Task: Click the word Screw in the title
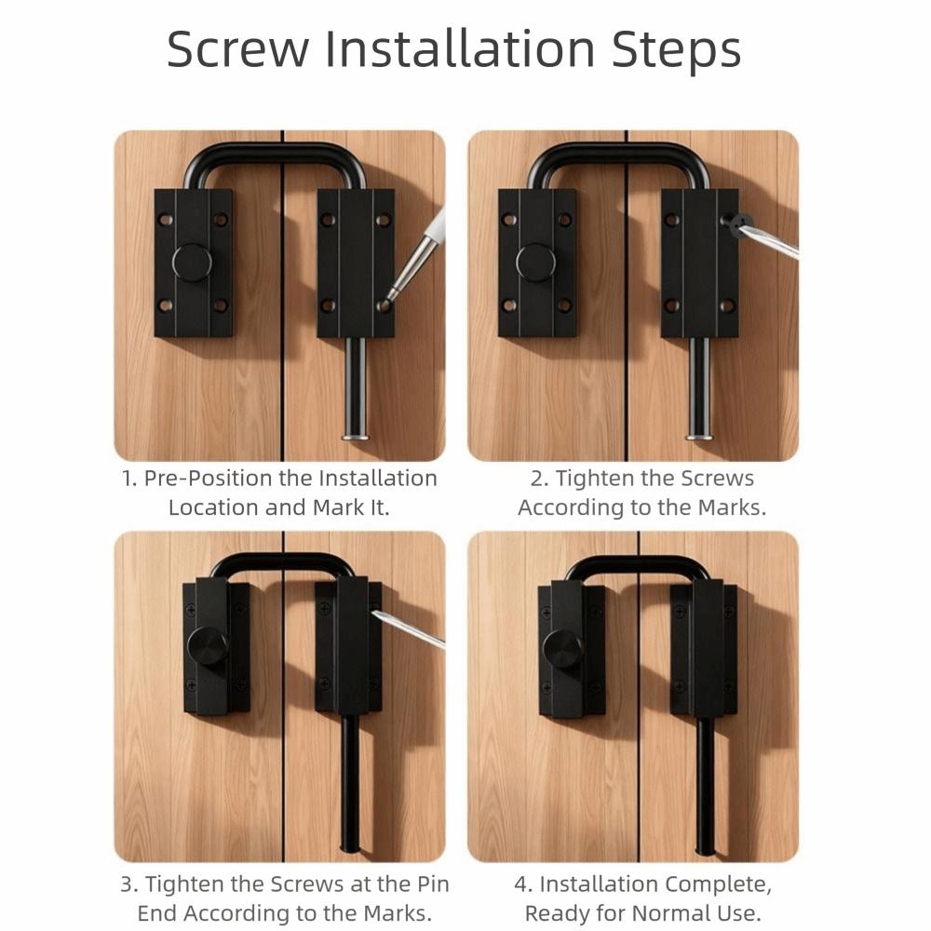click(x=236, y=49)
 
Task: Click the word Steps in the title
click(x=676, y=49)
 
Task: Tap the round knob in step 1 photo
click(x=192, y=263)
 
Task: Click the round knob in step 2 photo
click(x=536, y=263)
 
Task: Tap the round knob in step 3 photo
click(x=208, y=645)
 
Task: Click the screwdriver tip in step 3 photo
click(x=376, y=613)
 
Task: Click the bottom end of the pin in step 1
click(x=356, y=434)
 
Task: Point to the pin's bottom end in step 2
click(x=699, y=434)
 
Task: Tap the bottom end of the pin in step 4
click(x=706, y=849)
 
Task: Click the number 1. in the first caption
click(x=129, y=479)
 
